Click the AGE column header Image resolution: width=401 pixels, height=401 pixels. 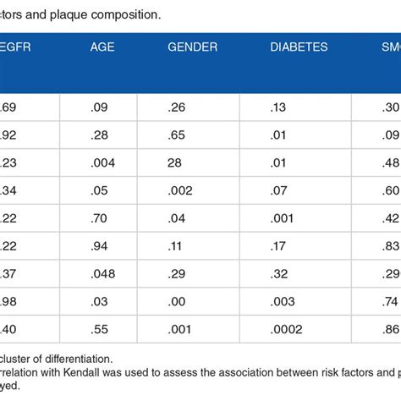pos(102,47)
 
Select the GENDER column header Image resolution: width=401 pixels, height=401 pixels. pos(193,47)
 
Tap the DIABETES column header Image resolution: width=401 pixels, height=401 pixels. pos(299,47)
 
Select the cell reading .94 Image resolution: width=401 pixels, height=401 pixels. pos(100,246)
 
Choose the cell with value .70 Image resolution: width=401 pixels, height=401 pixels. pos(100,219)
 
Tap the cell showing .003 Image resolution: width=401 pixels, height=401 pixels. pos(283,300)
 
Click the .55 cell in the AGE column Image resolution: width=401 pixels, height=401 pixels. pos(100,327)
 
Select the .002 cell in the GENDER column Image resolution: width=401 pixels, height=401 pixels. pos(184,192)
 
